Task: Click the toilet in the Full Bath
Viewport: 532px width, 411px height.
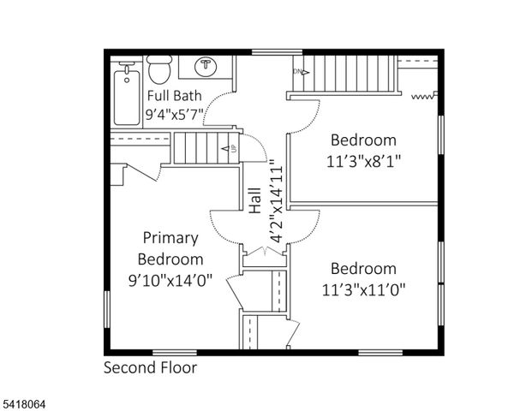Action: pos(159,68)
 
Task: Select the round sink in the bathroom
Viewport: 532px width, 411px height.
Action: pos(206,67)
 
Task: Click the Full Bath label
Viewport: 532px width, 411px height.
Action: pos(175,95)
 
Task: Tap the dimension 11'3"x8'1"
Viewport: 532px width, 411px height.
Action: pos(364,160)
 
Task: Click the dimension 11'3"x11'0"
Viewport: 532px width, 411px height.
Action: pos(364,289)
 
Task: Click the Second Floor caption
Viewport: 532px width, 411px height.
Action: pos(150,368)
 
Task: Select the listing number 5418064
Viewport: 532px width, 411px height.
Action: pos(25,399)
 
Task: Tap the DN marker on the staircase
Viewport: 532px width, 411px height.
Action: pos(299,72)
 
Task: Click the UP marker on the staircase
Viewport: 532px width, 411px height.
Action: pos(231,149)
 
